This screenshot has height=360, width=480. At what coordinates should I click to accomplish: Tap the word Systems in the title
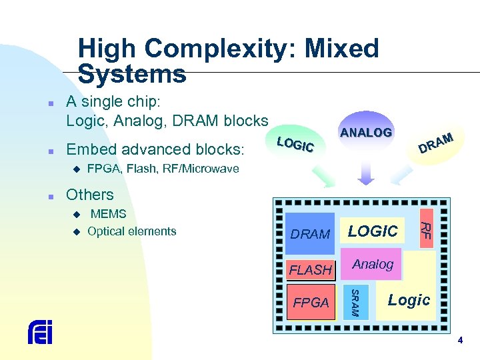pyautogui.click(x=132, y=74)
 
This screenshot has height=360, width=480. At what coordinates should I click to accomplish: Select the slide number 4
pyautogui.click(x=459, y=341)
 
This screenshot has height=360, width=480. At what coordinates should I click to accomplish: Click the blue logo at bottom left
pyautogui.click(x=40, y=332)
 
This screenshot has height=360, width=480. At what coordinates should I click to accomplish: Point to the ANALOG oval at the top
pyautogui.click(x=365, y=132)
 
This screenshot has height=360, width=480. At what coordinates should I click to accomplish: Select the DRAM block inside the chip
pyautogui.click(x=310, y=234)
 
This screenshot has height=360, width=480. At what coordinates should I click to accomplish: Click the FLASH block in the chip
pyautogui.click(x=310, y=270)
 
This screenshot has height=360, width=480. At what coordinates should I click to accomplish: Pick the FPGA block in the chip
pyautogui.click(x=311, y=303)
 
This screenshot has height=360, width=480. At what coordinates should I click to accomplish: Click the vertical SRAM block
pyautogui.click(x=355, y=303)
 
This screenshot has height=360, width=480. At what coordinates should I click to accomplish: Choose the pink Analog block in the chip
pyautogui.click(x=373, y=265)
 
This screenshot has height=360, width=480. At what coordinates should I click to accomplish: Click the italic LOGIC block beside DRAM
pyautogui.click(x=373, y=231)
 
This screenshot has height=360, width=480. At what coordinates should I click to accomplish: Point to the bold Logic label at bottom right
pyautogui.click(x=409, y=300)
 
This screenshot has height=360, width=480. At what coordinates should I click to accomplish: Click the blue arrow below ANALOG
pyautogui.click(x=365, y=173)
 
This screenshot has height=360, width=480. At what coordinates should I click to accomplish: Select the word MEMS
pyautogui.click(x=108, y=214)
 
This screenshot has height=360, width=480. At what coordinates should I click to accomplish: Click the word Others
pyautogui.click(x=90, y=195)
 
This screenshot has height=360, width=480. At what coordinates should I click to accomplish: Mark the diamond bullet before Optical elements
pyautogui.click(x=75, y=232)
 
